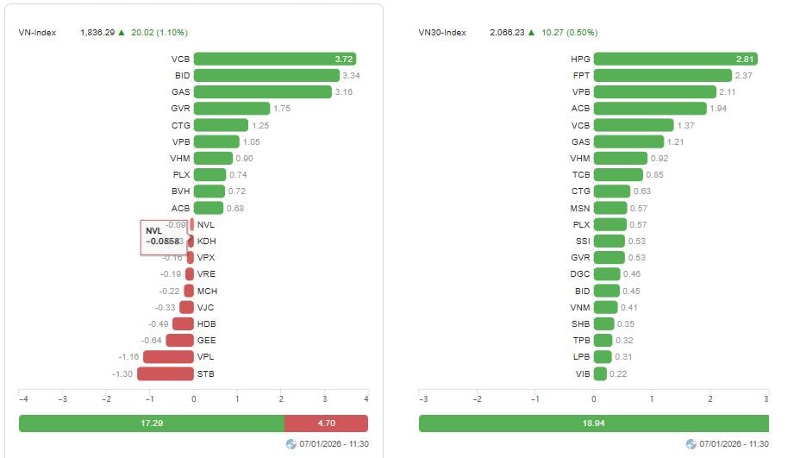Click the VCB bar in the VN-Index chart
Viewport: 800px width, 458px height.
274,59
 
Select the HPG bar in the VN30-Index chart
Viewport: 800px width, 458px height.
675,59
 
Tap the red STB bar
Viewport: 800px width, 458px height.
165,373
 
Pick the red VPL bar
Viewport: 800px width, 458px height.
168,357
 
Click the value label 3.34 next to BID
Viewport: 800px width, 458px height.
351,75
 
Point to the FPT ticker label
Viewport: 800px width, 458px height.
580,75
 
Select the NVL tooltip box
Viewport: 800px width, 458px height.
163,237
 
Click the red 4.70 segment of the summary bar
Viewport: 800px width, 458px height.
326,423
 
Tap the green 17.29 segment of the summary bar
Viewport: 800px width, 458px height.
151,423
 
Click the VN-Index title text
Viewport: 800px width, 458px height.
37,32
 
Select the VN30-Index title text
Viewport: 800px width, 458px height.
442,32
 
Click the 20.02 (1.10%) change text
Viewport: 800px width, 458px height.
159,32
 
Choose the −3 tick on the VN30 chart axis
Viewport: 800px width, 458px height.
422,399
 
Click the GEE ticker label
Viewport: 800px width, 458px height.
206,341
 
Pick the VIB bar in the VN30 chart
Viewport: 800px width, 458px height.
600,373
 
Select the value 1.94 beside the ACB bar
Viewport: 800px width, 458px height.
719,109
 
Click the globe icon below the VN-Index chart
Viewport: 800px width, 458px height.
291,444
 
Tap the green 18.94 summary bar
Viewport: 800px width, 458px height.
593,423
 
